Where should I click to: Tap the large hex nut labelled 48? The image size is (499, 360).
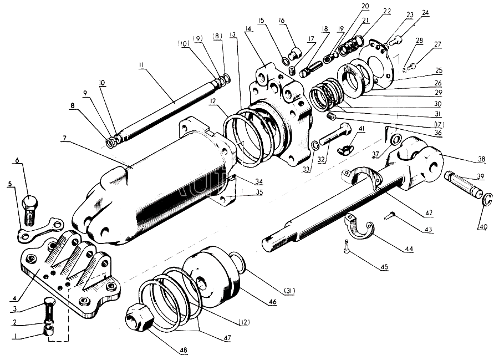[x=138, y=316]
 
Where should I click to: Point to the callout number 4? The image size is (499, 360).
[x=14, y=298]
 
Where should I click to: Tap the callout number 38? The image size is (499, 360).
[x=481, y=159]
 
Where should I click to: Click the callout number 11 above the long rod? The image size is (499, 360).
[x=141, y=65]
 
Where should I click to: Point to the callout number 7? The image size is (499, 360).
[x=64, y=138]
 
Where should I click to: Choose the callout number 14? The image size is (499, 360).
[x=248, y=29]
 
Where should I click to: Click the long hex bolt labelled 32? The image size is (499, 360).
[x=335, y=134]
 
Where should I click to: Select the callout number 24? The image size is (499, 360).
[x=425, y=13]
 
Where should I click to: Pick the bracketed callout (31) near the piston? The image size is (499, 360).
[x=289, y=290]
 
